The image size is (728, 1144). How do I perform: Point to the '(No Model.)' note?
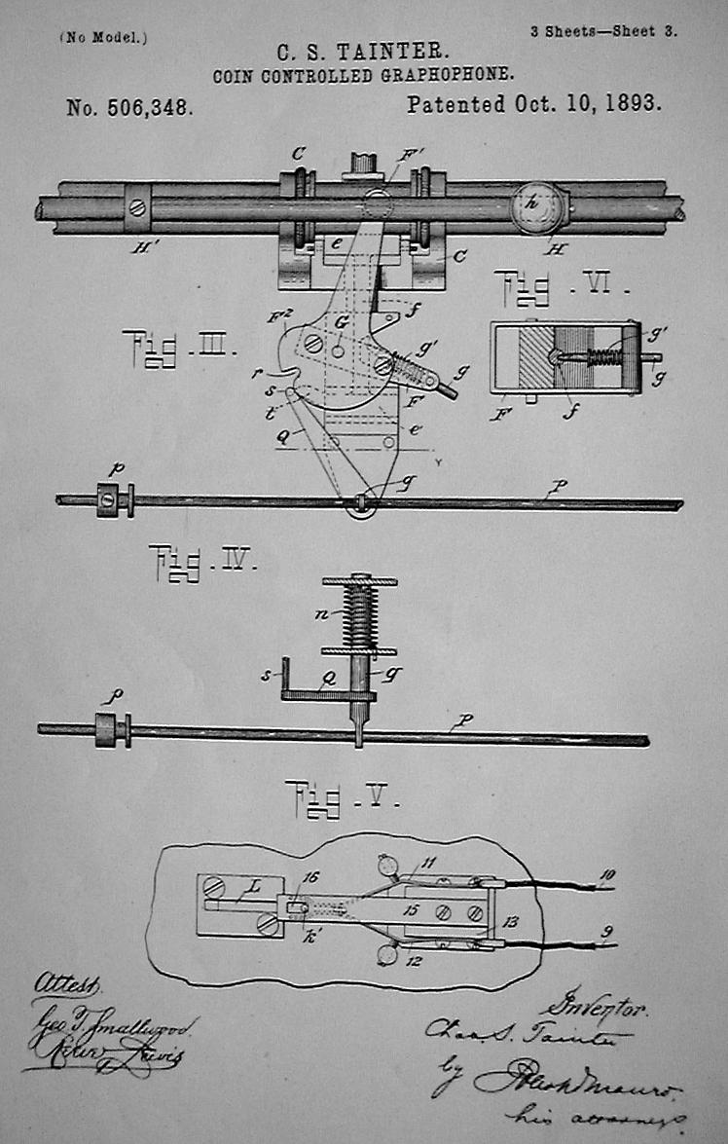click(x=104, y=37)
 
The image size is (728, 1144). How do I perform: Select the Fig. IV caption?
click(x=202, y=563)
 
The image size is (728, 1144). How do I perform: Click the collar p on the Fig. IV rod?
click(x=112, y=728)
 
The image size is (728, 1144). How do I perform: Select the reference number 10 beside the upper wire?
click(x=607, y=876)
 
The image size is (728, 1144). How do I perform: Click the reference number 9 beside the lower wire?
click(x=606, y=932)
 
